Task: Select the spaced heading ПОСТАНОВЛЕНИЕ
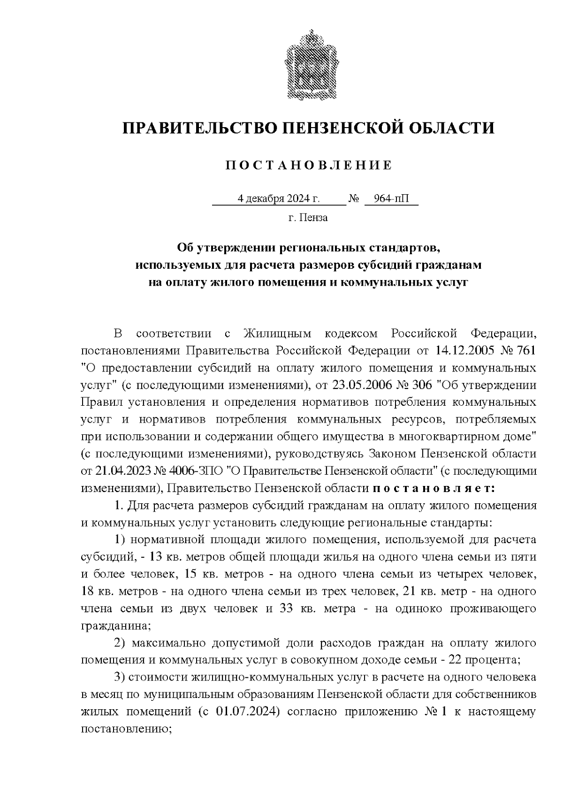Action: point(309,165)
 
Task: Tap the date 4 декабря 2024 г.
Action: point(279,199)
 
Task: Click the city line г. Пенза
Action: point(308,218)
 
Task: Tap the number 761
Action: point(526,351)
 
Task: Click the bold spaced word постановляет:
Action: point(433,488)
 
